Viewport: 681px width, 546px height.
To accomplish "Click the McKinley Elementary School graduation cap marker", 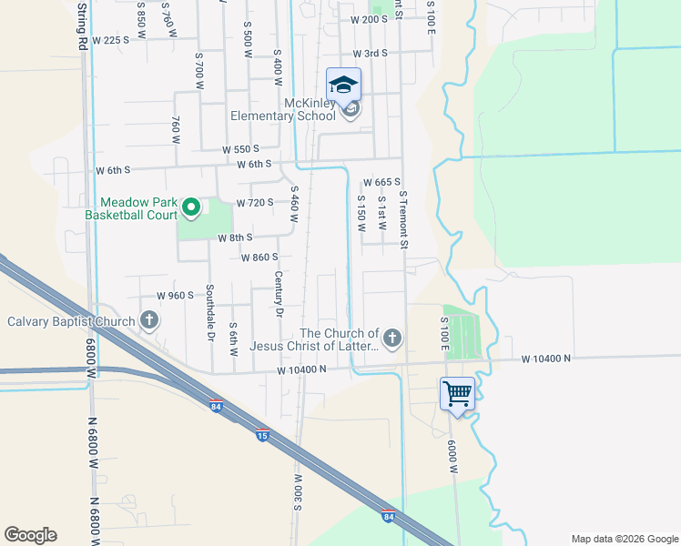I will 344,86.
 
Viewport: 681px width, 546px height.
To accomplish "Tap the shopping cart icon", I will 457,394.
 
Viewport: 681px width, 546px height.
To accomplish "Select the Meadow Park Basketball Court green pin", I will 191,209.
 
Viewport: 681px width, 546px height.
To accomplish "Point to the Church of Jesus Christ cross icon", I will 392,339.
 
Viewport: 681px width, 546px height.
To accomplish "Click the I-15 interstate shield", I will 262,434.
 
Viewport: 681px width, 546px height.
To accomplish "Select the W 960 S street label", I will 176,296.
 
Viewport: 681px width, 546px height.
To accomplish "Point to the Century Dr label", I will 279,294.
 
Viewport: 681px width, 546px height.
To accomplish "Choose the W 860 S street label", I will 259,258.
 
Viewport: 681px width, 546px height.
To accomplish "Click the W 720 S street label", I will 254,202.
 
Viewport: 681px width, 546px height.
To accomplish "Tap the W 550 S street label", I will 241,148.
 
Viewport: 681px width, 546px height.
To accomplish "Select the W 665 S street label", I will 382,183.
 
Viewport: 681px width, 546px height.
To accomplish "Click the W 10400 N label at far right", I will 546,359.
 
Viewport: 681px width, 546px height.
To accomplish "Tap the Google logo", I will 30,535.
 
